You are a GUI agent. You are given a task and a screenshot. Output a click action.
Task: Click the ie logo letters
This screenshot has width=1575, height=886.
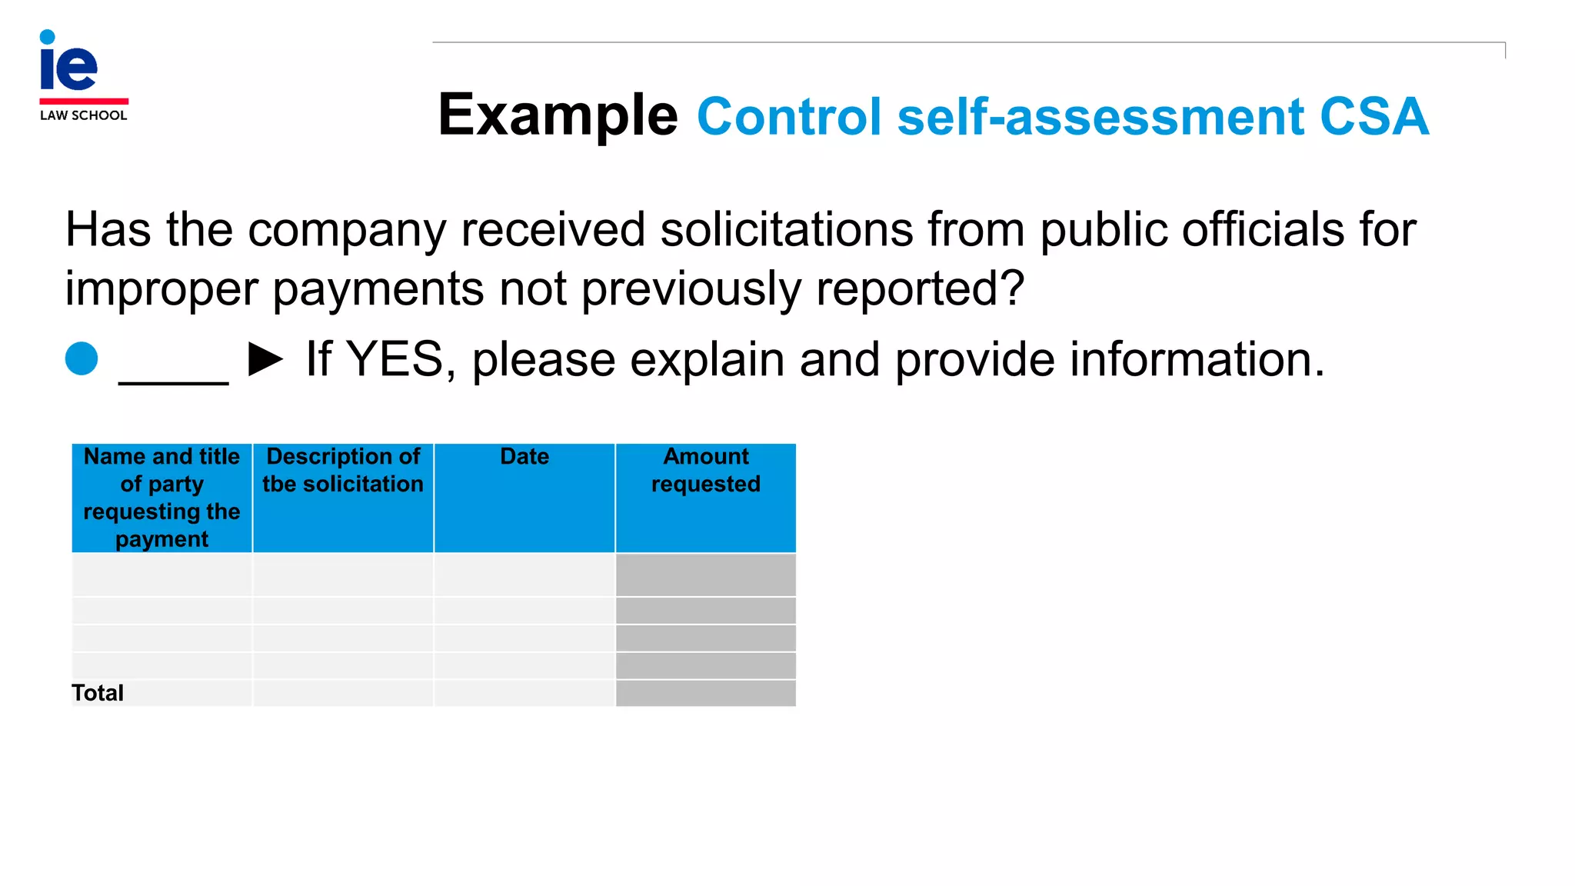(x=68, y=63)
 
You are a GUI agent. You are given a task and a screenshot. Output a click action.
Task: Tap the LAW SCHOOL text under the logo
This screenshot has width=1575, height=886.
(x=83, y=115)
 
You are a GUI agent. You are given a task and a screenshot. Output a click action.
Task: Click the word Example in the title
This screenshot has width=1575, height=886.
(x=558, y=115)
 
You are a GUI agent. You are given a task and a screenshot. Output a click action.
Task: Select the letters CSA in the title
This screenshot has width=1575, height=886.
(x=1374, y=117)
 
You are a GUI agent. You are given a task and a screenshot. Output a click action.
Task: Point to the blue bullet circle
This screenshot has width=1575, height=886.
(x=82, y=358)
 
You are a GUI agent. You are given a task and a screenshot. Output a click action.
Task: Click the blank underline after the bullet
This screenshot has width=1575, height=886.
(x=174, y=369)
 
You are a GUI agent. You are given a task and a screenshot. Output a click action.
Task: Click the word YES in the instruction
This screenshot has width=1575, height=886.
(x=395, y=359)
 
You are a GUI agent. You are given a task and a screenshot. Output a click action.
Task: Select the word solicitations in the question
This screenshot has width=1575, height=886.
(x=786, y=230)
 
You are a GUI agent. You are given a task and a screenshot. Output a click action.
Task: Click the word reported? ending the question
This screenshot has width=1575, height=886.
(x=920, y=289)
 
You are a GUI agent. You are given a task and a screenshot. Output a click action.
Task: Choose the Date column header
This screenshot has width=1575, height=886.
(x=524, y=457)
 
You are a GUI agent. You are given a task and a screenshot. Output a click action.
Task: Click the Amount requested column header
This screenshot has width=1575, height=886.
(x=706, y=470)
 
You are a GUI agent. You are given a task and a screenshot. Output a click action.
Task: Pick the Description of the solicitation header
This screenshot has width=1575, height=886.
(x=343, y=470)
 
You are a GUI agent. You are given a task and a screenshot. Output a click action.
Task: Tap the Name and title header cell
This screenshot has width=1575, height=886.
(x=161, y=498)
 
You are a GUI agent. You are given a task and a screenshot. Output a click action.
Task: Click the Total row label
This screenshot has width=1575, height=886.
(x=98, y=693)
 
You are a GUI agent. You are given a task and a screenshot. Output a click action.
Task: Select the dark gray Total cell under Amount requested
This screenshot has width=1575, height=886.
(x=706, y=693)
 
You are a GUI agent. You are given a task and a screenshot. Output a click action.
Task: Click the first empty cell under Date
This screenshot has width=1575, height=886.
(x=524, y=575)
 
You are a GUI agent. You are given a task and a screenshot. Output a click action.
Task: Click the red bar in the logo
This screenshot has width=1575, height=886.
(x=84, y=101)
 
